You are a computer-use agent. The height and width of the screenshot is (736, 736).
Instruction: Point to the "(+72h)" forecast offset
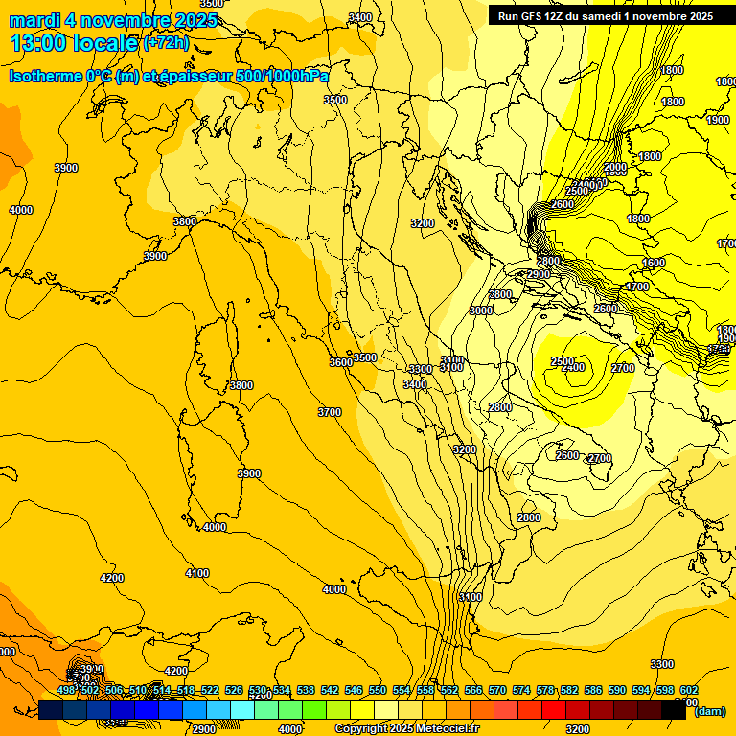[166, 43]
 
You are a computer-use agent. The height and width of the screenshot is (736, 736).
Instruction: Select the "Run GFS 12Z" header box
[605, 15]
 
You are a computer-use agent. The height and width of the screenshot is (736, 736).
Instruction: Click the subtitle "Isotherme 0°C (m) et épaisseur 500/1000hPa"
[169, 76]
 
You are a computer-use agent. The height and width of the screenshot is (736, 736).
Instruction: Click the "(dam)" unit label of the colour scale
[709, 710]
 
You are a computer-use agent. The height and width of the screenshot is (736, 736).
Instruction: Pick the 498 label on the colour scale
[66, 690]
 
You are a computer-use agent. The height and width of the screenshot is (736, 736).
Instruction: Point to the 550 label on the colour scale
[378, 690]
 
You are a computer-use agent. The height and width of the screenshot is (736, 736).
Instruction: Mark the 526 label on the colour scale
[234, 690]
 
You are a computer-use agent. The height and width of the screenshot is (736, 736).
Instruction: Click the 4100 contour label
[197, 573]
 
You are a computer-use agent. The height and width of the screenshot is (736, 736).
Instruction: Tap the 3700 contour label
[329, 412]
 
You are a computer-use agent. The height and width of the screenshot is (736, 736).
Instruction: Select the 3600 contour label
[340, 362]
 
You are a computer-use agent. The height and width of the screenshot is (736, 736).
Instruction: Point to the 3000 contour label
[481, 310]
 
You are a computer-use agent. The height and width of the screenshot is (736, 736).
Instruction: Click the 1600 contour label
[654, 263]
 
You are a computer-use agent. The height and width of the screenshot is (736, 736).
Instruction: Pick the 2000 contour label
[615, 168]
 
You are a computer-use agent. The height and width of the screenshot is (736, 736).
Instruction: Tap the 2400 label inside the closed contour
[573, 368]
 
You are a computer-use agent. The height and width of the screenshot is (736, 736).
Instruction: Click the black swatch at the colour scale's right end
[673, 710]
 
